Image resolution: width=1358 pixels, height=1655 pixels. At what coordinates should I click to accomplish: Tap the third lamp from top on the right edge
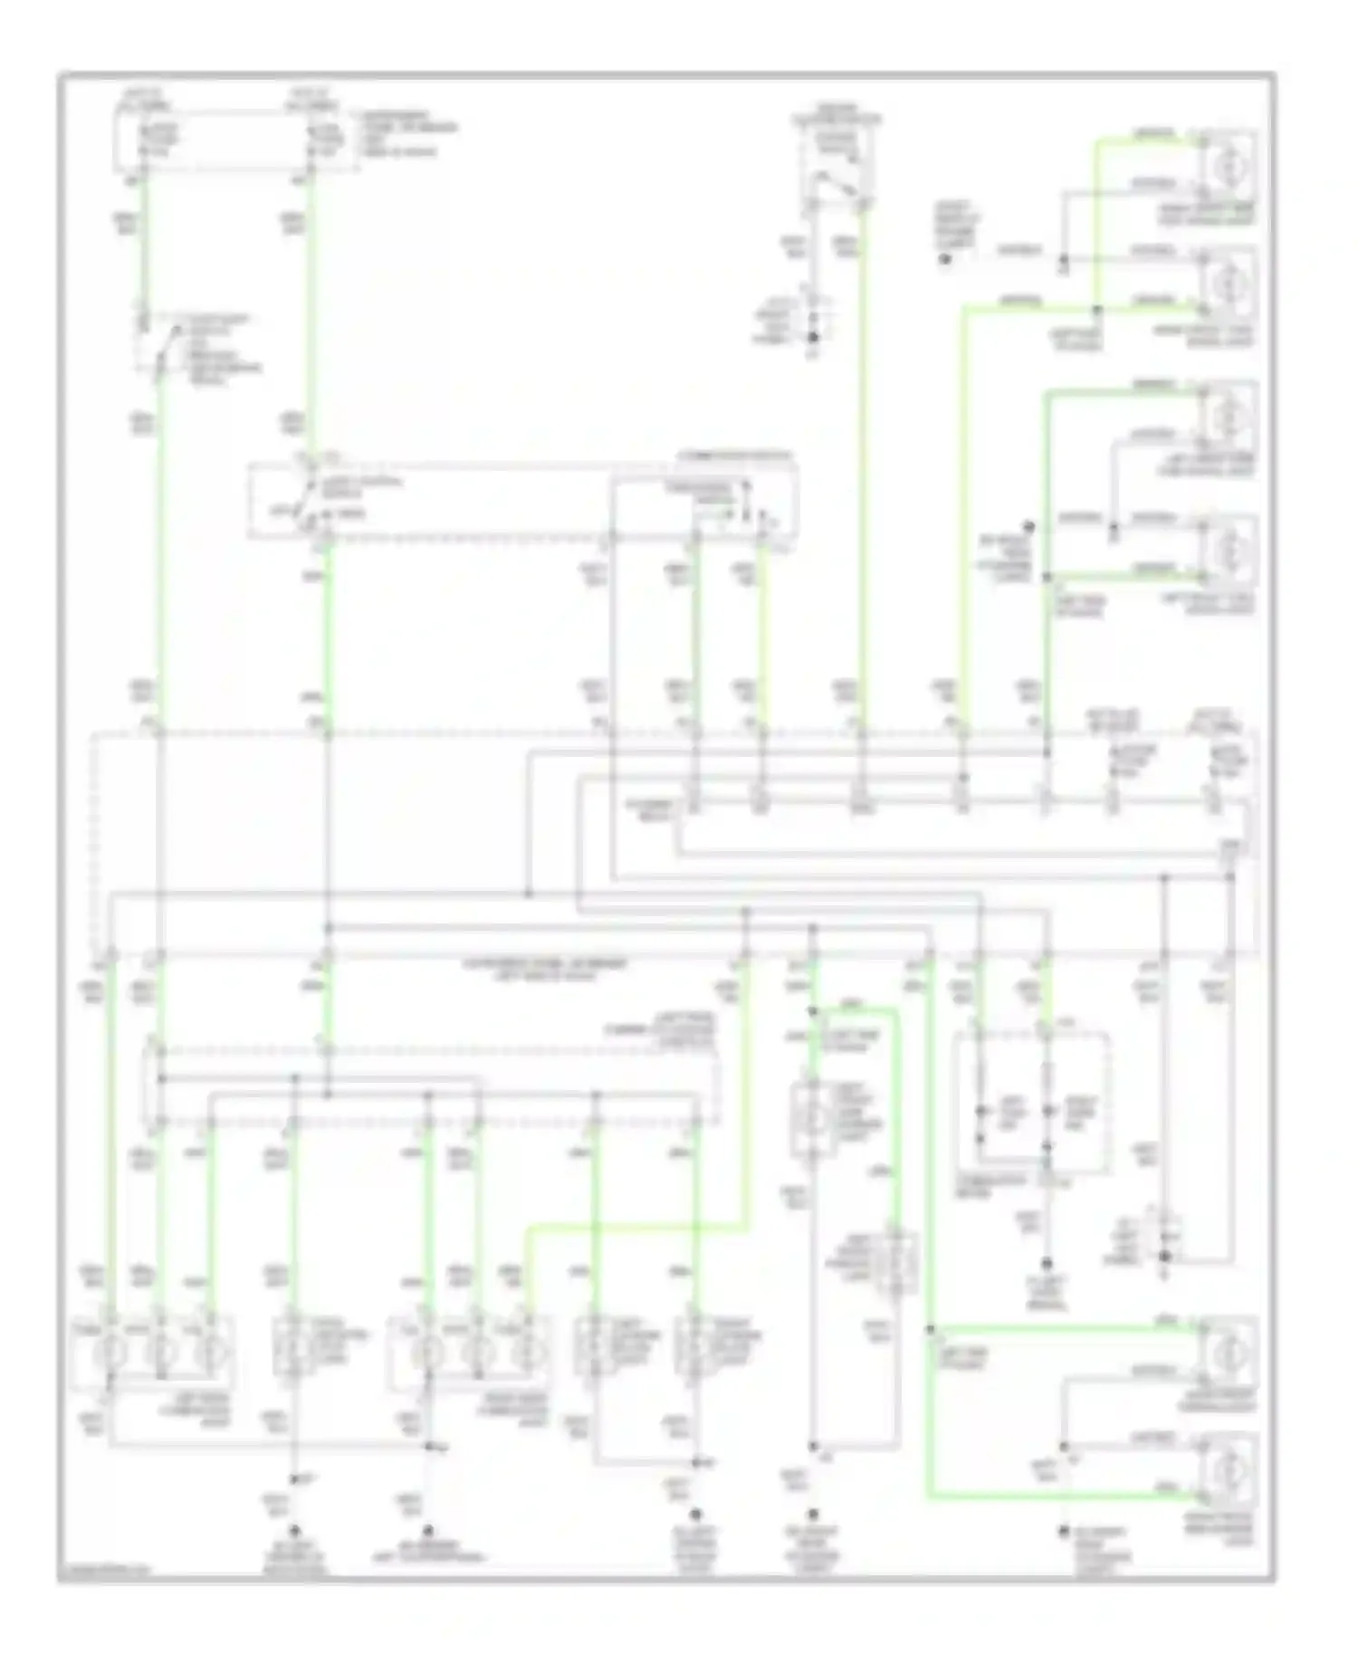tap(1229, 417)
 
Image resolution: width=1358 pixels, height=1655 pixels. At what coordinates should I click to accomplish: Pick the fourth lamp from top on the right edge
tap(1229, 549)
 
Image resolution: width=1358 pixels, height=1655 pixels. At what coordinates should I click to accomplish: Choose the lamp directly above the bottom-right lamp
tap(1229, 1352)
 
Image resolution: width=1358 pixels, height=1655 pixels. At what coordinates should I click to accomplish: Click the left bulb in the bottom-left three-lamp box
tap(110, 1352)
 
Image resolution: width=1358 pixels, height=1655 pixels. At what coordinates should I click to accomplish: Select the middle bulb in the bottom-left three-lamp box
tap(160, 1352)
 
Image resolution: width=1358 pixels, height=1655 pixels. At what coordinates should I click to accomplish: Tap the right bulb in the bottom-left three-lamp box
tap(210, 1352)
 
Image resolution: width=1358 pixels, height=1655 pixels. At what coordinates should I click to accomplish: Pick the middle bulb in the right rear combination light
tap(474, 1352)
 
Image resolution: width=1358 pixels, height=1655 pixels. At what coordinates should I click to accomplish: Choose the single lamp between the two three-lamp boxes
tap(293, 1352)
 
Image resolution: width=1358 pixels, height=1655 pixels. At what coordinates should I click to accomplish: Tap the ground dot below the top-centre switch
tap(812, 337)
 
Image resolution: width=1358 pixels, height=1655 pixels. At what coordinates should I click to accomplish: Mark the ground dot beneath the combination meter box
tap(1047, 1264)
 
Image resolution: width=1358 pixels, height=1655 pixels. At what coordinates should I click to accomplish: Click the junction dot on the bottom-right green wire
tap(930, 1329)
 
